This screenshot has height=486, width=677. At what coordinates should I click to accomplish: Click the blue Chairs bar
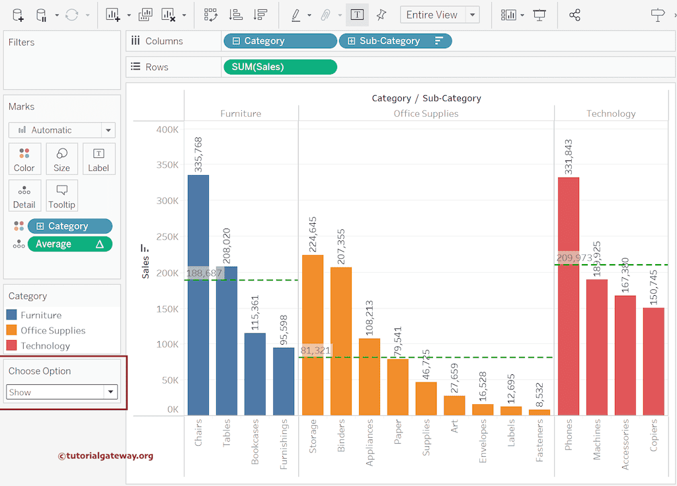pyautogui.click(x=198, y=297)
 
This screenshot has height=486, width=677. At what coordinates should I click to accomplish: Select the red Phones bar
pyautogui.click(x=569, y=297)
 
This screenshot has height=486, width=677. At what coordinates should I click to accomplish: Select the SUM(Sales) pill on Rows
pyautogui.click(x=280, y=67)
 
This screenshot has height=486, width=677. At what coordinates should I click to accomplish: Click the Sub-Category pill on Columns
pyautogui.click(x=395, y=41)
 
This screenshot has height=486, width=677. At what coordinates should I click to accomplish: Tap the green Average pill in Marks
pyautogui.click(x=69, y=244)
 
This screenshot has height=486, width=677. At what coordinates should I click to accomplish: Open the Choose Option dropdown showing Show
pyautogui.click(x=61, y=392)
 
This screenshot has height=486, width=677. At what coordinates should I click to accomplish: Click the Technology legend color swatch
pyautogui.click(x=11, y=345)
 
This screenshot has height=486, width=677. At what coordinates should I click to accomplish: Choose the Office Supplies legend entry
pyautogui.click(x=53, y=330)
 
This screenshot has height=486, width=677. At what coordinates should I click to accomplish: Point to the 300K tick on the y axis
pyautogui.click(x=167, y=201)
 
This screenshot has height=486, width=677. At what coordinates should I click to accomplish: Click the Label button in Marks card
pyautogui.click(x=99, y=159)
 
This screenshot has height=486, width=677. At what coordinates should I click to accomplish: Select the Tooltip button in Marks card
pyautogui.click(x=61, y=196)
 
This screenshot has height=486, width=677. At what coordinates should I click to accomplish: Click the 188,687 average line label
pyautogui.click(x=204, y=273)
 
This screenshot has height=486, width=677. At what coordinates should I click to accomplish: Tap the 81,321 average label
pyautogui.click(x=316, y=350)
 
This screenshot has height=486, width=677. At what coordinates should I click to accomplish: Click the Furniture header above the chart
pyautogui.click(x=241, y=114)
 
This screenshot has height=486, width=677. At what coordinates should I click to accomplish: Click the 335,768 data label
pyautogui.click(x=198, y=154)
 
